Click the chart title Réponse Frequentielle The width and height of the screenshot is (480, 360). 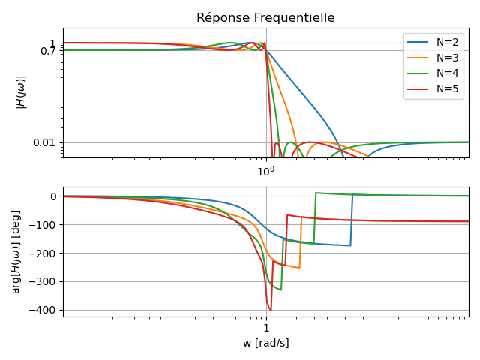[265, 18]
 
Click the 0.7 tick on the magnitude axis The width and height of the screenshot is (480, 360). [49, 50]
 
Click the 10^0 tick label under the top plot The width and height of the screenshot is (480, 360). [266, 171]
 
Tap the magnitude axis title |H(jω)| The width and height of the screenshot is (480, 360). [22, 92]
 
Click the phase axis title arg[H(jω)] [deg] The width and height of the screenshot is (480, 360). [16, 251]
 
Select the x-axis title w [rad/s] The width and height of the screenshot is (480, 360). [266, 343]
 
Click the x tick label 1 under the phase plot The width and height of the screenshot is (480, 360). [266, 328]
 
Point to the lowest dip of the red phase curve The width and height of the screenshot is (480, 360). [271, 310]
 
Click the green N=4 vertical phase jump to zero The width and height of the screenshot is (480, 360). [314, 217]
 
